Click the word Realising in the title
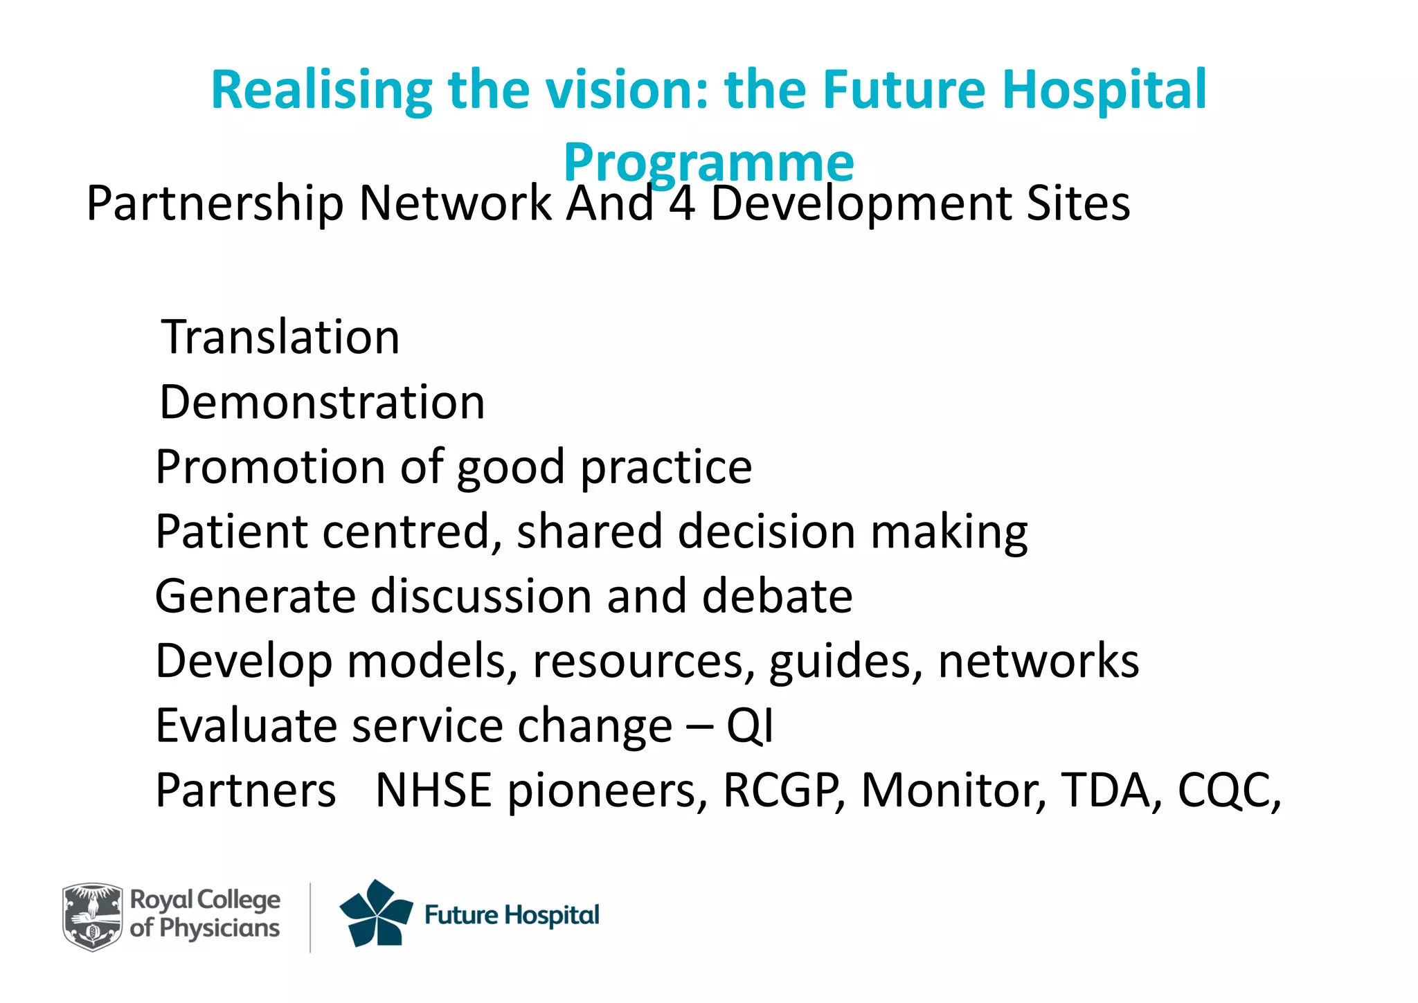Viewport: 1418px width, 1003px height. (x=321, y=91)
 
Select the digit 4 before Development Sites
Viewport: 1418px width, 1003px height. (x=681, y=204)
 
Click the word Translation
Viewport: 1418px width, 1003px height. (x=280, y=337)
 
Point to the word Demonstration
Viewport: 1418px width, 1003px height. (x=322, y=402)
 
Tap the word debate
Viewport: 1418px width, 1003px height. (x=777, y=596)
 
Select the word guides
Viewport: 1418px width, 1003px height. (x=845, y=662)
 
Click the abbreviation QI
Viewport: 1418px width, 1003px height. (x=749, y=726)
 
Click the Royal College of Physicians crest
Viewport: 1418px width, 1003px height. (x=92, y=916)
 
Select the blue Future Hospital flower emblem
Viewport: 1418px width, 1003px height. (x=375, y=914)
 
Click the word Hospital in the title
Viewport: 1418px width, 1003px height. (x=1104, y=91)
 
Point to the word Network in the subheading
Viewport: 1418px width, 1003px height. (x=456, y=204)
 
